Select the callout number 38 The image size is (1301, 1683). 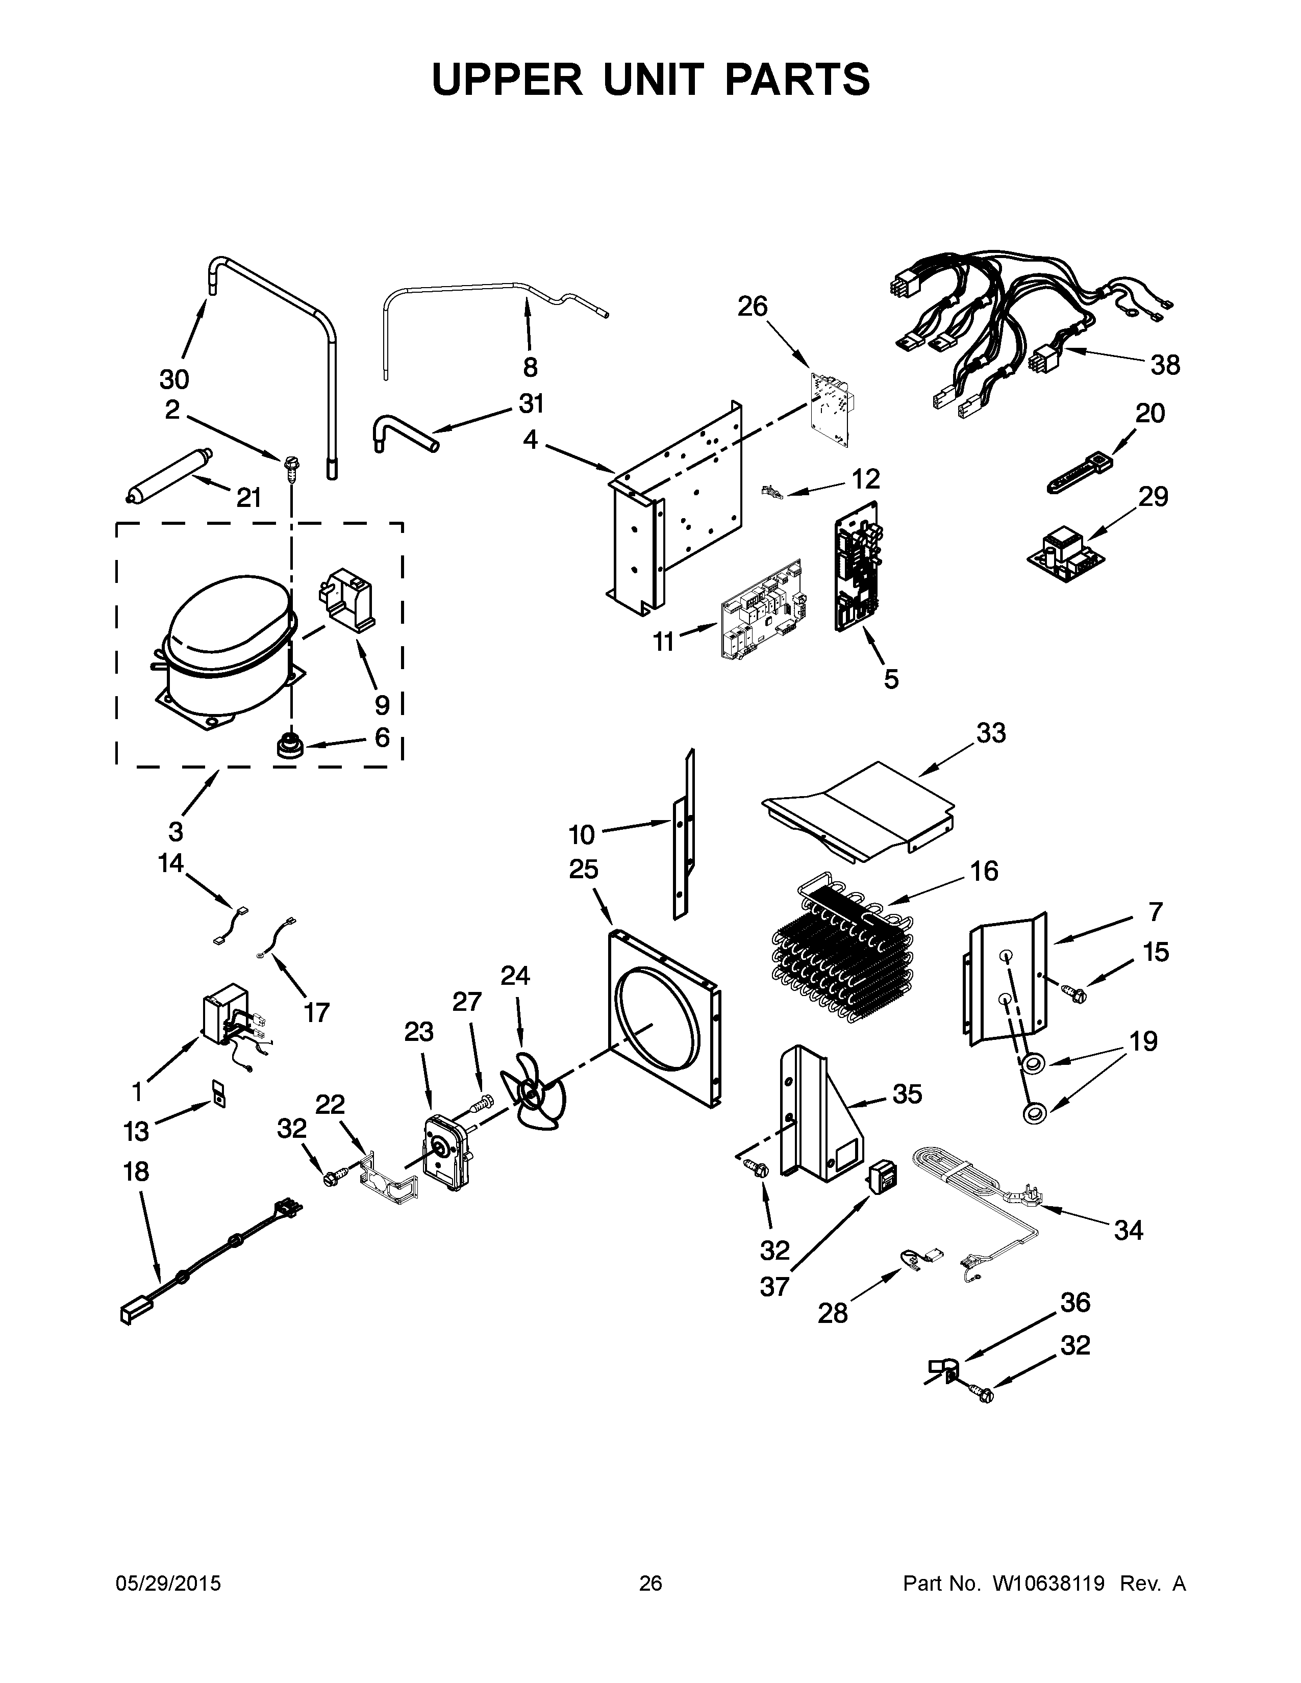coord(1165,365)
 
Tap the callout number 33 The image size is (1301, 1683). coord(991,733)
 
